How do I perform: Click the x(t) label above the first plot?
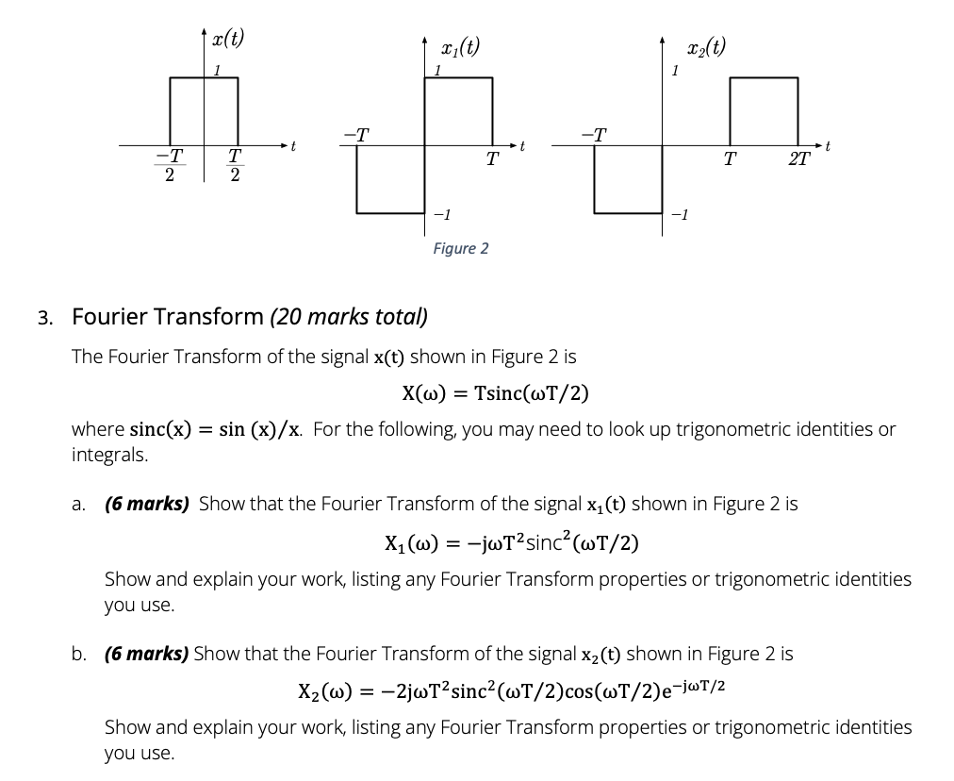[x=227, y=39]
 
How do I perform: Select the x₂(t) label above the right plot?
[x=707, y=46]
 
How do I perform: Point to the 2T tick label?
[x=798, y=159]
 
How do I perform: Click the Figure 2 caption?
[x=460, y=249]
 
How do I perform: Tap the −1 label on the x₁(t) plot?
[x=440, y=216]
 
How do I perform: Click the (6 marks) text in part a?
[x=147, y=504]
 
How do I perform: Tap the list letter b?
[x=80, y=653]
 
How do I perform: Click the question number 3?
[x=44, y=317]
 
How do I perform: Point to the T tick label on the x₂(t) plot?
[x=729, y=159]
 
